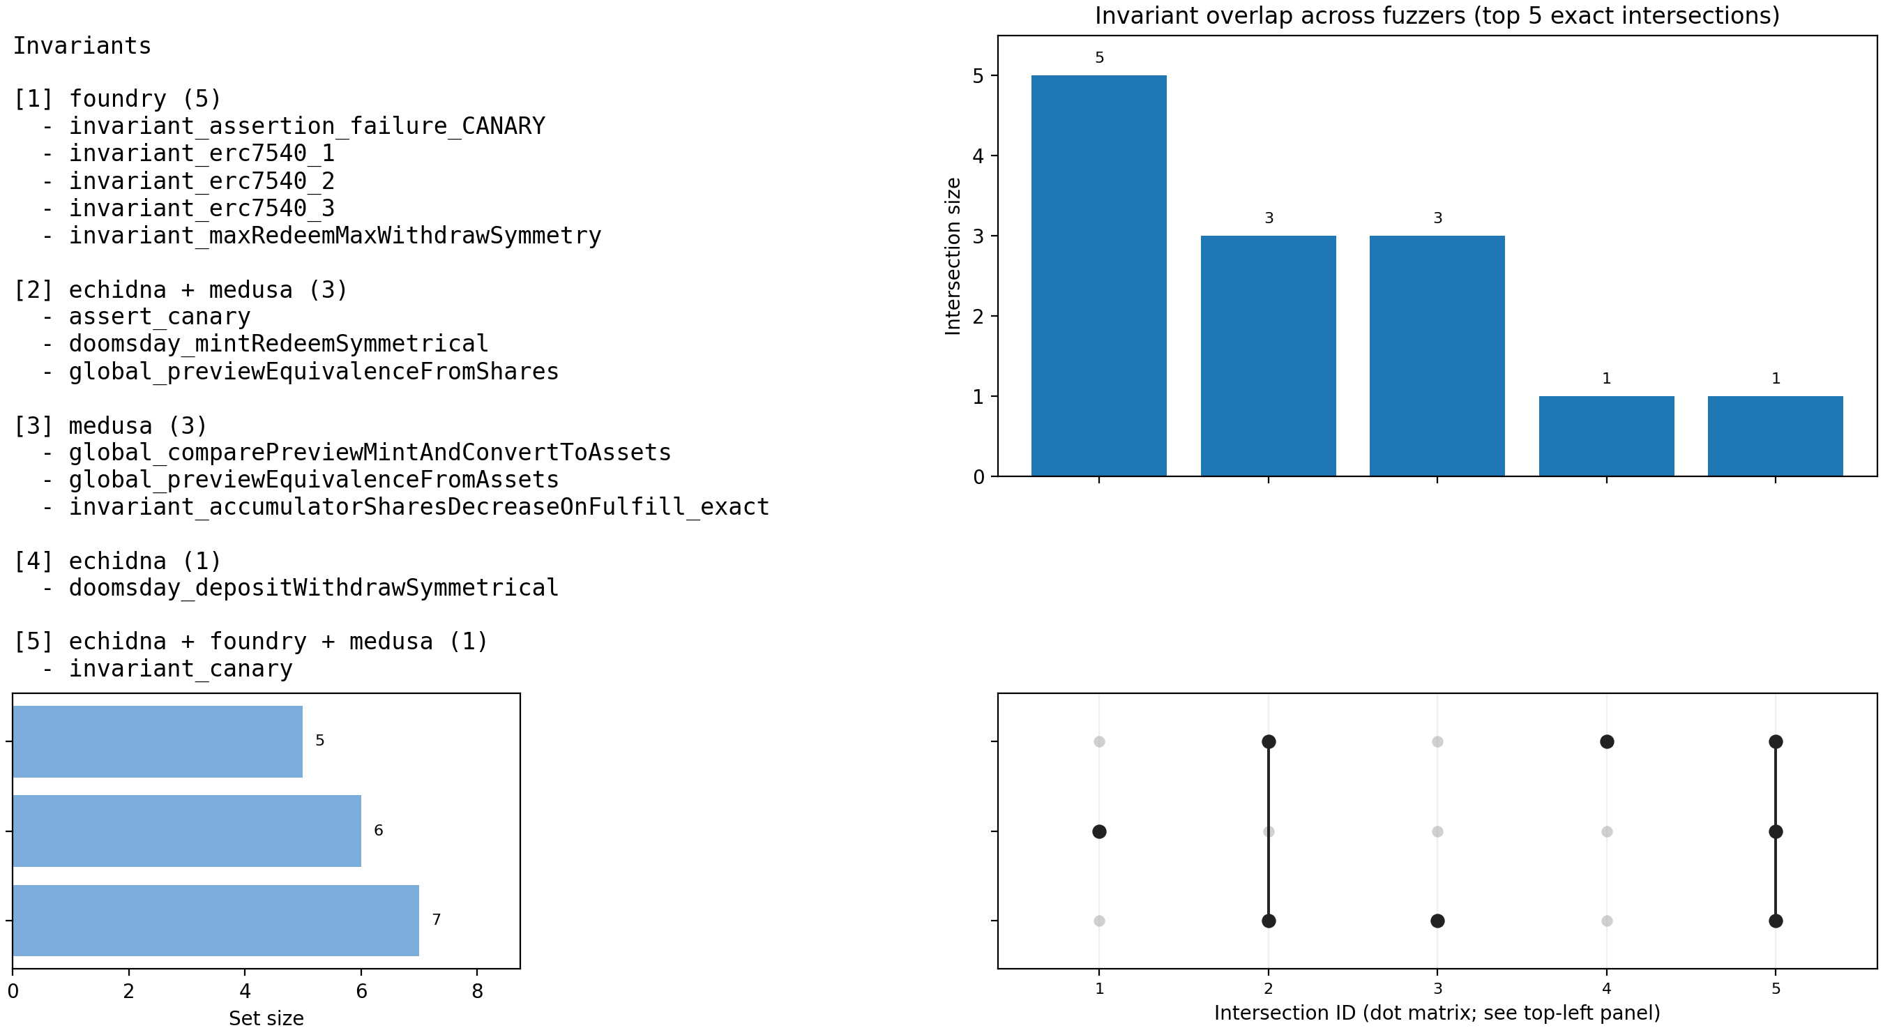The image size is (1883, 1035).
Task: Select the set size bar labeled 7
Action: click(215, 920)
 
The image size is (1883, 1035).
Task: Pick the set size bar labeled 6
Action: click(186, 831)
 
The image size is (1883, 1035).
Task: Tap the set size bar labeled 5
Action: click(157, 741)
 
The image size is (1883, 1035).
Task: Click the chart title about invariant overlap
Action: click(1437, 15)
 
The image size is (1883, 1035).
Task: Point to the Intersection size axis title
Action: click(953, 256)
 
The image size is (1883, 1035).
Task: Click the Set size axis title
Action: click(266, 1018)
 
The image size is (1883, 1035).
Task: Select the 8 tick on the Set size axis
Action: click(477, 991)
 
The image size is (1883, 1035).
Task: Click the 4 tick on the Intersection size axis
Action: click(978, 156)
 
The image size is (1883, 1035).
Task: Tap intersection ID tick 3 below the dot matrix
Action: click(1437, 989)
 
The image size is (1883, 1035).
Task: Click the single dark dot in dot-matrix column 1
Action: click(1098, 831)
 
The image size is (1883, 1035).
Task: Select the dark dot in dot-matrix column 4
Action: click(1607, 741)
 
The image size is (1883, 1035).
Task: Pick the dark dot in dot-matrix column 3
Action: click(1437, 920)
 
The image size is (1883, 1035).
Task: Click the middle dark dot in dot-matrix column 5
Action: click(1776, 831)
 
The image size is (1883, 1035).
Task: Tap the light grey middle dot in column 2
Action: click(1269, 831)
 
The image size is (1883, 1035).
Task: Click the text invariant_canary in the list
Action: click(181, 668)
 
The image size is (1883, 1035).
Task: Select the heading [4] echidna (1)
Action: click(117, 561)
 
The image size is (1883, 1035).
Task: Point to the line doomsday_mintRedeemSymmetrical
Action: click(278, 344)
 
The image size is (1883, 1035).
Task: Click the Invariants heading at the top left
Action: click(82, 46)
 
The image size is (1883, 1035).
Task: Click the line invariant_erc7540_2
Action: click(202, 181)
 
